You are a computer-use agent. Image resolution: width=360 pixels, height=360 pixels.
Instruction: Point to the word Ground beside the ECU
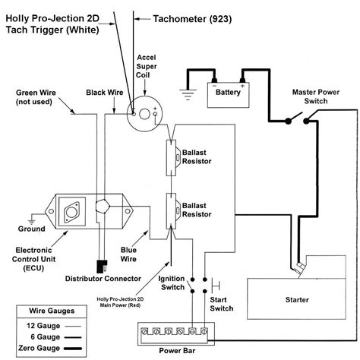[31, 228]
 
